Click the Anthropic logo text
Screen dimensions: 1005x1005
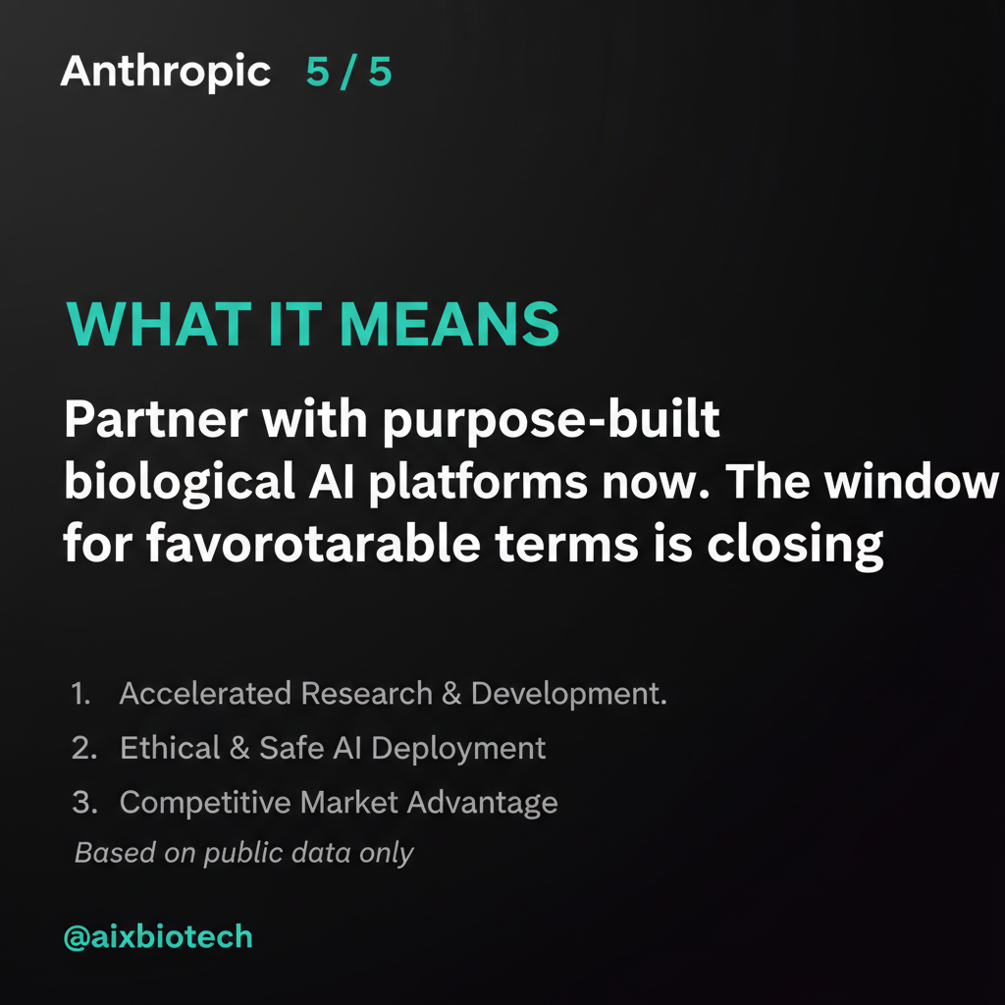tap(165, 73)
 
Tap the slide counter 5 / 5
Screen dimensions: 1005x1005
tap(348, 73)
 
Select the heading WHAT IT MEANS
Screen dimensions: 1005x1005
tap(312, 325)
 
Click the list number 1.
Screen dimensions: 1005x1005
tap(80, 694)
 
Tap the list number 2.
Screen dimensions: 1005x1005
tap(83, 748)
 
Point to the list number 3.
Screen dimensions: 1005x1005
tap(83, 802)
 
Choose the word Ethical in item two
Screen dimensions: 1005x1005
tap(169, 748)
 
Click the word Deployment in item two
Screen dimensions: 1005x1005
tap(459, 749)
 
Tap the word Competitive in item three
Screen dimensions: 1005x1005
tap(205, 802)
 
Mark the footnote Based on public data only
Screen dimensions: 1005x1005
tap(244, 853)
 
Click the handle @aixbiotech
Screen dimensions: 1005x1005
tap(158, 936)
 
